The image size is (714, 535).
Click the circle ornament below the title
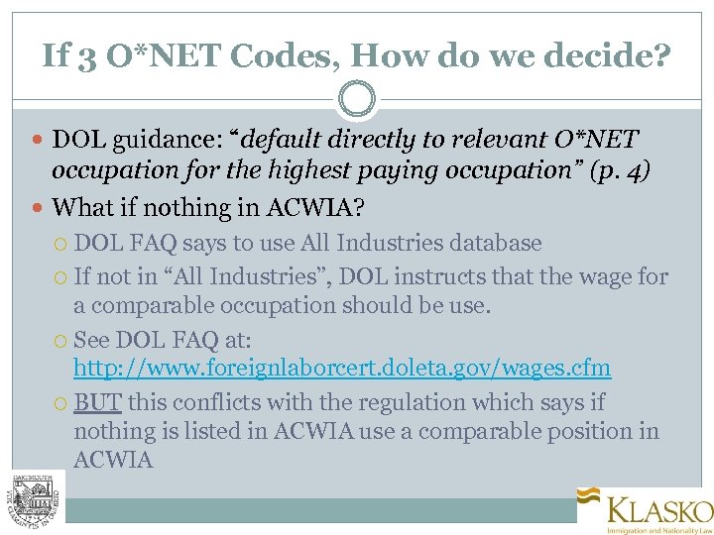coord(357,99)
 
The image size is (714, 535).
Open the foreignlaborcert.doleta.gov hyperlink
coord(342,369)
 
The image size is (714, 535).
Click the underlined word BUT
coord(97,403)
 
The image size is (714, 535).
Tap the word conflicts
coord(211,403)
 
